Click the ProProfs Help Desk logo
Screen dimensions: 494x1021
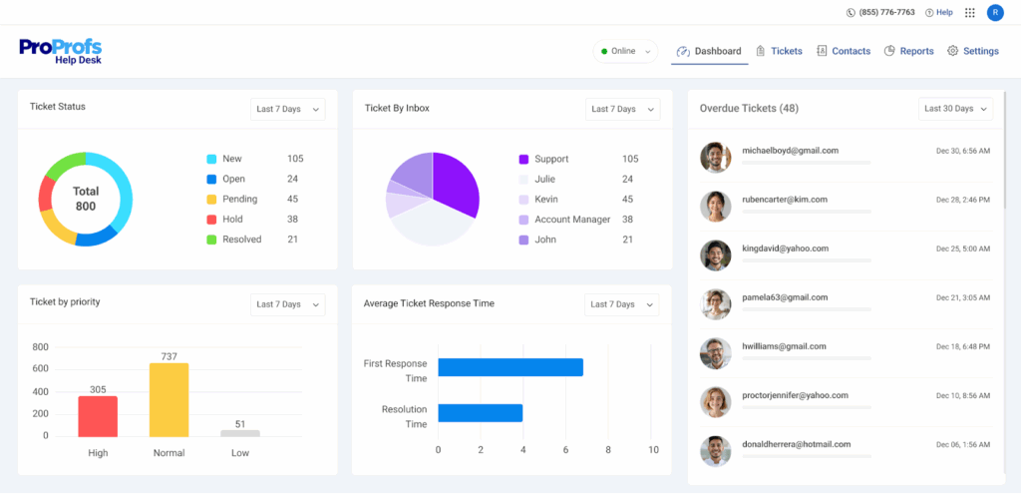(60, 51)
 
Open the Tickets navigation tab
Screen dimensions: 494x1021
(779, 51)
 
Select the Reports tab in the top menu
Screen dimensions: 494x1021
(908, 51)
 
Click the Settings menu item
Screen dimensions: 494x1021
(972, 51)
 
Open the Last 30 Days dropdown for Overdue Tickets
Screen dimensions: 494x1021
(955, 108)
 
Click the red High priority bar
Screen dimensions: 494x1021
(98, 416)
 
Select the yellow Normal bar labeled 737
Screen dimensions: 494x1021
(169, 399)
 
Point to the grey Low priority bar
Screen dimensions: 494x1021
(240, 433)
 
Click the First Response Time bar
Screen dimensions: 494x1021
(510, 367)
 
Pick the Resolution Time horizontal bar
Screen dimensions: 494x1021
(481, 413)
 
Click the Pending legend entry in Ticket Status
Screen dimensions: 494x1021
(239, 199)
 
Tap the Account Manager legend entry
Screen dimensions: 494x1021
(571, 220)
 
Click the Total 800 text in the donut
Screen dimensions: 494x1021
(86, 199)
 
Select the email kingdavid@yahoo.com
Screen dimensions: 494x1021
(785, 247)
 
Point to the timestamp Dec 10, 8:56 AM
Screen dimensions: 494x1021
(962, 396)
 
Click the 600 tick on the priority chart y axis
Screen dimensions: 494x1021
(40, 369)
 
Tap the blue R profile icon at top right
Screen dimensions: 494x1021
(995, 12)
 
